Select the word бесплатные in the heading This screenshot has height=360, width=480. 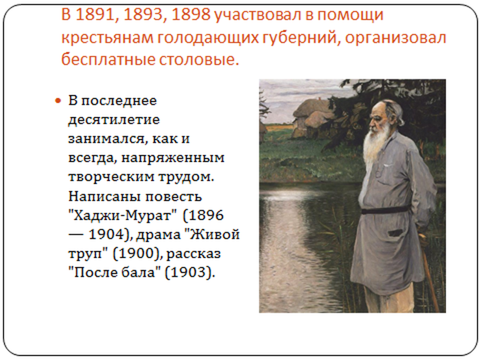pyautogui.click(x=108, y=60)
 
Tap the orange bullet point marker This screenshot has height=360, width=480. pyautogui.click(x=58, y=100)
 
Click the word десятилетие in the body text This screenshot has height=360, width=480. pyautogui.click(x=114, y=120)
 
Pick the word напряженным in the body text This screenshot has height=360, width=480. pyautogui.click(x=173, y=158)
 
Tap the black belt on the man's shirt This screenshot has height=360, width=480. pyautogui.click(x=385, y=210)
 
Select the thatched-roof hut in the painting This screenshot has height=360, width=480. pyautogui.click(x=312, y=120)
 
